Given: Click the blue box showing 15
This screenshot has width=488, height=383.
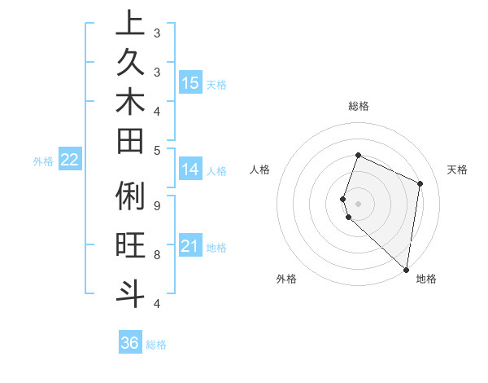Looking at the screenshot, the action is pos(190,83).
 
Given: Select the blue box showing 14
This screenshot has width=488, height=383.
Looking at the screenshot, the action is pos(190,169).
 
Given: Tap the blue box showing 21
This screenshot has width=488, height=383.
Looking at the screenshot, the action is pos(190,246).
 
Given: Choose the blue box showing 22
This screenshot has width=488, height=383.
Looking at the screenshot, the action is pos(70,161).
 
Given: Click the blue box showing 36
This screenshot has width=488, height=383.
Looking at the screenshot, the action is pos(130,343).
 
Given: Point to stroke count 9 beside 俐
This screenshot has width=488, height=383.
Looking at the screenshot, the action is pos(156,205).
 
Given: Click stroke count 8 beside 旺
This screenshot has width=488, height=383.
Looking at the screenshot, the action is pos(156,254).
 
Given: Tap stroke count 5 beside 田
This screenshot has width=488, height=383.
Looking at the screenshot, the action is pos(156,150).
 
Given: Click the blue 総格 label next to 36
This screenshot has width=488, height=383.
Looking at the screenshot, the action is pos(156,345).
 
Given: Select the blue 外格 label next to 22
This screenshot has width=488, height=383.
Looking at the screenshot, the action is pos(43,161).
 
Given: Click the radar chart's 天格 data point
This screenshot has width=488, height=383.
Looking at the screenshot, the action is pos(420,183).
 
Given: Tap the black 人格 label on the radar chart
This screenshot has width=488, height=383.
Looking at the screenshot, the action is pos(260,169).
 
